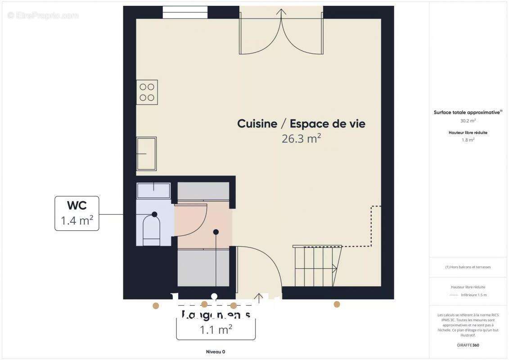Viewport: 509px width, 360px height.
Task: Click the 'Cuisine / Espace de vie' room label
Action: click(301, 124)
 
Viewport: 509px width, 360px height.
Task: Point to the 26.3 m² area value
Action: click(301, 139)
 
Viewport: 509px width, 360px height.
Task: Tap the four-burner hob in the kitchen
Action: click(147, 92)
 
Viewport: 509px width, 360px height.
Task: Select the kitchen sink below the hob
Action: click(147, 154)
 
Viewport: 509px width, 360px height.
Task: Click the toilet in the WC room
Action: click(152, 230)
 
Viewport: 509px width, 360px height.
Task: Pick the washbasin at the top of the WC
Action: click(153, 190)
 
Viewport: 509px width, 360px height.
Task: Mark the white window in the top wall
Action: click(185, 12)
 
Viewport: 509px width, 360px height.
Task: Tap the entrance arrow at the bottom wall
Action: click(259, 297)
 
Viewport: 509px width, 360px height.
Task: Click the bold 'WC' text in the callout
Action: click(77, 206)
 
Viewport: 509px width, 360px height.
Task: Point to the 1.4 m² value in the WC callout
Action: click(77, 220)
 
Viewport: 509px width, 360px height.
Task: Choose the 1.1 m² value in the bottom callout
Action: click(216, 330)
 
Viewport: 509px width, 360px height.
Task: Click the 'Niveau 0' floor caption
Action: click(216, 352)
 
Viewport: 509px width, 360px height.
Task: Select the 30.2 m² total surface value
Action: click(468, 121)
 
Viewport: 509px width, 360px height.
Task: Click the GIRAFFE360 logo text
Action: click(468, 345)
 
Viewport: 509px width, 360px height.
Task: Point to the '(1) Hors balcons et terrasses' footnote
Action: click(468, 267)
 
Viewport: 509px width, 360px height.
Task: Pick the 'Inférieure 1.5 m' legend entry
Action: click(473, 295)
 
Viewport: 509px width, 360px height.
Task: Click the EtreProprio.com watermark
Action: click(43, 16)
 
